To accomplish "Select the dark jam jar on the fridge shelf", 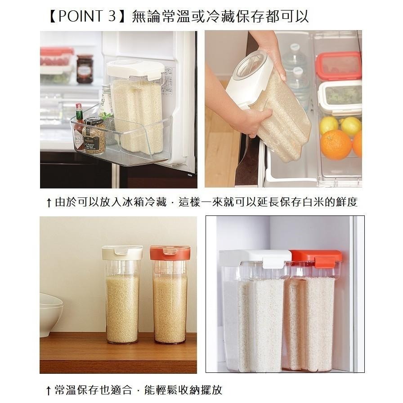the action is point(85,69).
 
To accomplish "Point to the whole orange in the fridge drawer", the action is point(336,144).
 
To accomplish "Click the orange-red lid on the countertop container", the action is point(170,252).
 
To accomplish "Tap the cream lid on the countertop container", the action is point(122,252).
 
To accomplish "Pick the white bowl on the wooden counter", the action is point(51,314).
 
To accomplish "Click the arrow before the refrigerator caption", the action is point(49,202).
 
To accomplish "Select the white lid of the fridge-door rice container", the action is point(135,68).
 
